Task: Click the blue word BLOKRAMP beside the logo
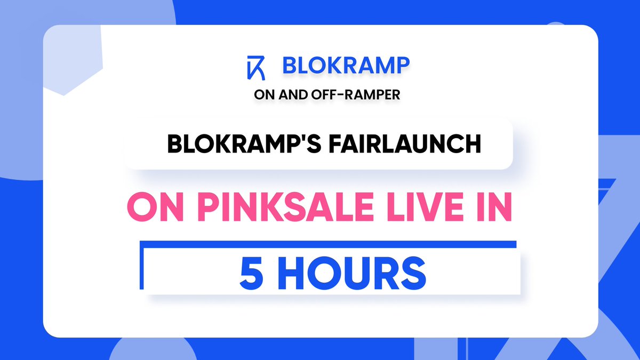[346, 66]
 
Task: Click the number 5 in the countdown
[249, 274]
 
